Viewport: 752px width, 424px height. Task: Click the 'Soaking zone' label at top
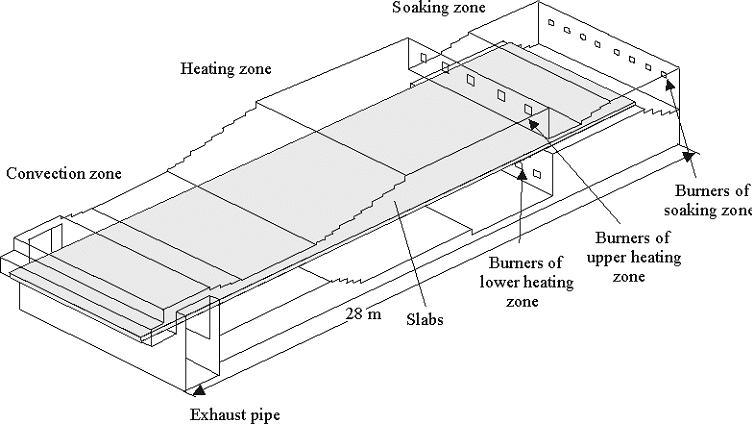click(x=438, y=9)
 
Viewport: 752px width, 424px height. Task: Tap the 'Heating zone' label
click(x=226, y=69)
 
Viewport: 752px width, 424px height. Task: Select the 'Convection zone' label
click(x=63, y=173)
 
